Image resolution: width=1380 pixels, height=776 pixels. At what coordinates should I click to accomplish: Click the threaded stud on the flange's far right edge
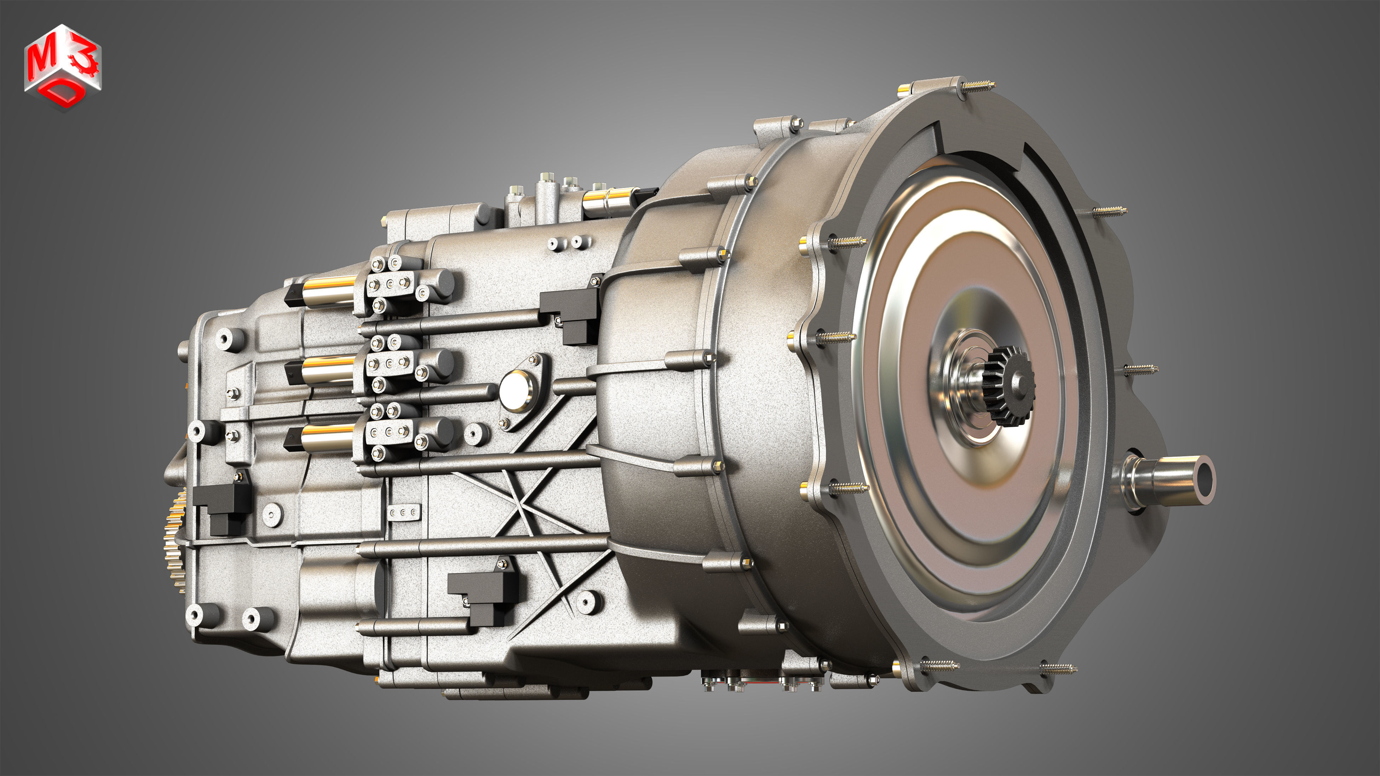pos(1141,368)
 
